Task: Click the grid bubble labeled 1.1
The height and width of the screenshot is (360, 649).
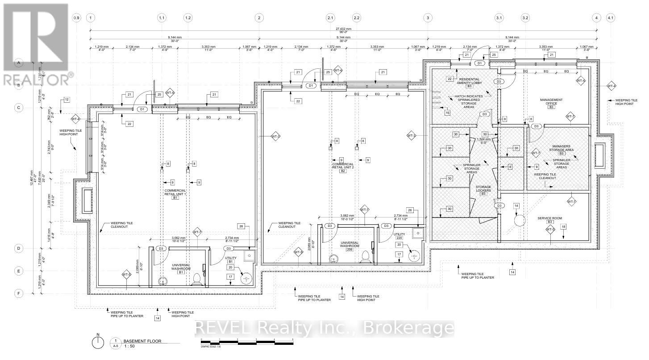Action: coord(162,18)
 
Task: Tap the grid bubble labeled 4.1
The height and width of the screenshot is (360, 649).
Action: coord(611,18)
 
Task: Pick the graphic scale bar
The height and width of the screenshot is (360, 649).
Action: coord(247,342)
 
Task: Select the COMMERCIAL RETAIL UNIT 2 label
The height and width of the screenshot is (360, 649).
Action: coord(343,167)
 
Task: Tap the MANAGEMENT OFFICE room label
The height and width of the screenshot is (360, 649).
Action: coord(551,103)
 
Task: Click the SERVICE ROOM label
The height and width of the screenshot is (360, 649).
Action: coord(550,219)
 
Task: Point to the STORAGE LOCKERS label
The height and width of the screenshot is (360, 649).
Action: coord(483,189)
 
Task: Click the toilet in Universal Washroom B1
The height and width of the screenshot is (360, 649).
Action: coord(195,280)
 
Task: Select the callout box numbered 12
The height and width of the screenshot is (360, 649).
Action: coord(67,100)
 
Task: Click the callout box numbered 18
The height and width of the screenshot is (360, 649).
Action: coord(563,226)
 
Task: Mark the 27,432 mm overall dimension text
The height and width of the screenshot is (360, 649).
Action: coord(343,28)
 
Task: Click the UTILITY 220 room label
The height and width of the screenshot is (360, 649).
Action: coord(399,236)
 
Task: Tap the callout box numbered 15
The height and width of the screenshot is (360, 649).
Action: coord(448,113)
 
